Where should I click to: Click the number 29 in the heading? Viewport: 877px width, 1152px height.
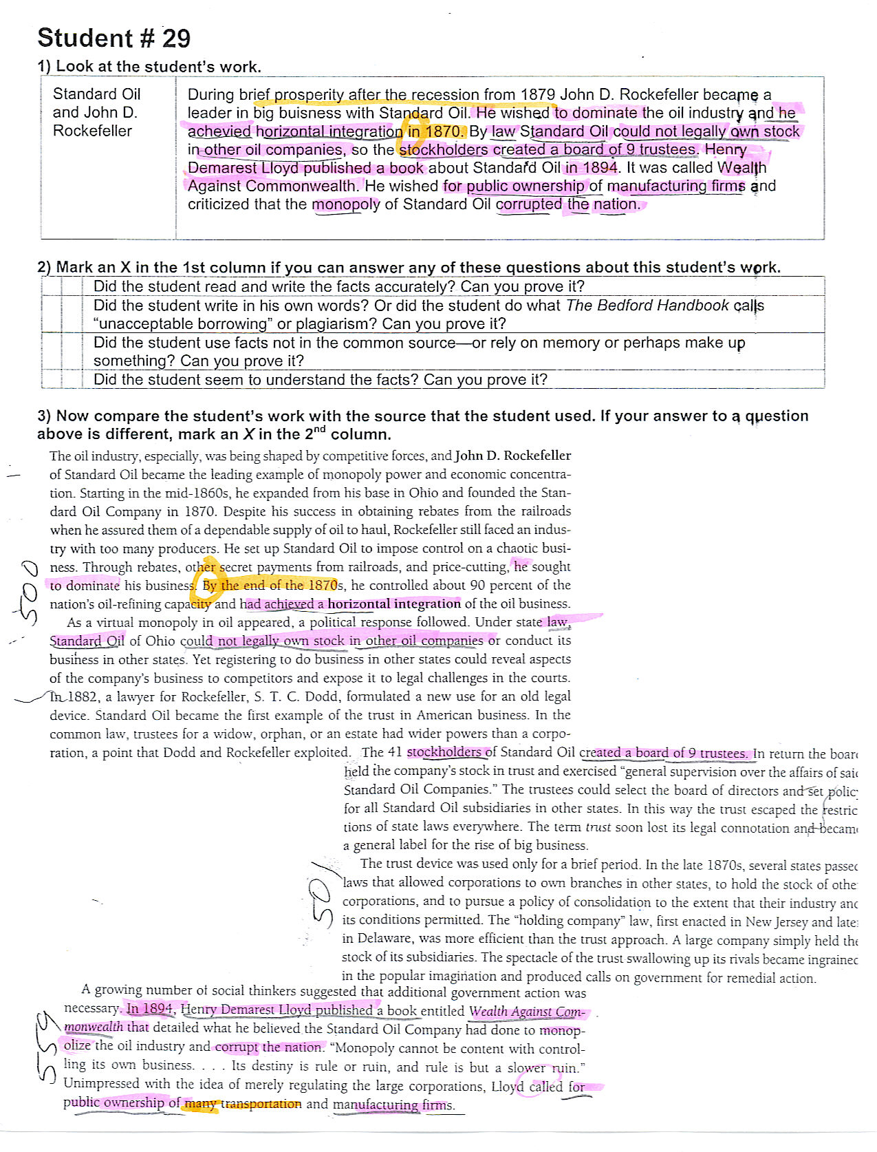click(x=176, y=38)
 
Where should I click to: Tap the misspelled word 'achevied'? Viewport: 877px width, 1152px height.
click(x=219, y=131)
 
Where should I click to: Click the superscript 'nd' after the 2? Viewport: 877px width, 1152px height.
click(x=317, y=429)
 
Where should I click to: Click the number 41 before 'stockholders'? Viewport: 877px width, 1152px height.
click(x=395, y=752)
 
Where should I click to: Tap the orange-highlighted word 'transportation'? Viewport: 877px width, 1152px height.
click(x=261, y=1104)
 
